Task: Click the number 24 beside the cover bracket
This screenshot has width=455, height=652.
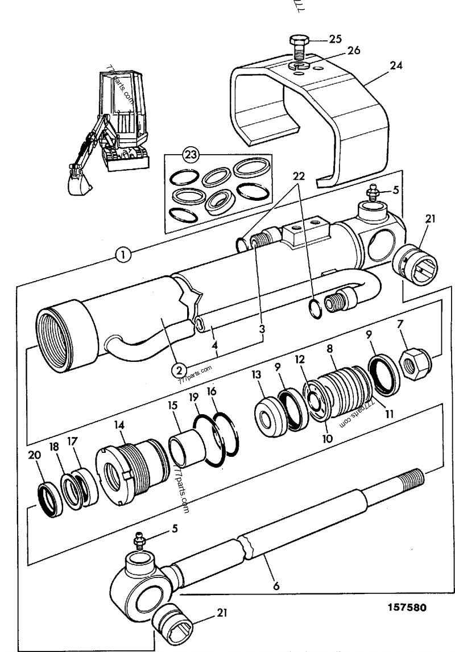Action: [396, 65]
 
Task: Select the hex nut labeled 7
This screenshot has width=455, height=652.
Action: [416, 363]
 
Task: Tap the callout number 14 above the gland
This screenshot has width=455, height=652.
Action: [120, 424]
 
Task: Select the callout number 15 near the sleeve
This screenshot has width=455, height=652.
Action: [173, 408]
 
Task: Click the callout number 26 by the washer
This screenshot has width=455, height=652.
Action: [353, 51]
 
